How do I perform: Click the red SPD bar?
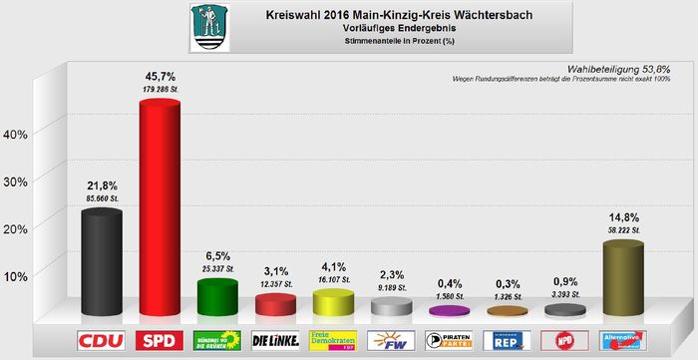[159, 209]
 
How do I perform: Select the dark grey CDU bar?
[101, 264]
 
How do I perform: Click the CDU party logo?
[101, 340]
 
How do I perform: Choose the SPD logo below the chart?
[159, 340]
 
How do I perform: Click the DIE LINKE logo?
[275, 340]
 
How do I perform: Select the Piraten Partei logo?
[449, 340]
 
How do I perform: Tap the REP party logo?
[507, 340]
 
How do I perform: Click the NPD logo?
[564, 340]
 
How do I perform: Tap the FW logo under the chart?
[391, 340]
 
